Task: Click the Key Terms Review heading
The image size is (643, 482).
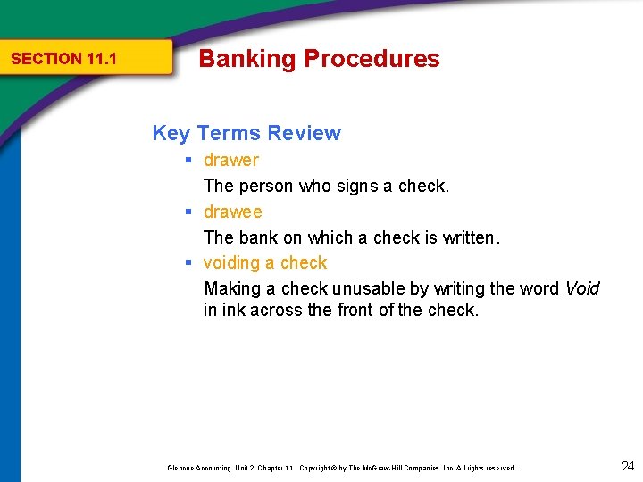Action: tap(246, 133)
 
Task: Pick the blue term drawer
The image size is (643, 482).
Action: tap(230, 161)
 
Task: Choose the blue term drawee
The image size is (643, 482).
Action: tap(232, 212)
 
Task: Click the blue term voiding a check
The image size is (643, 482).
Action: tap(265, 263)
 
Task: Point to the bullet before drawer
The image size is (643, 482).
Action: tap(189, 161)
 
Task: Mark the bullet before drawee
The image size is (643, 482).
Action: tap(189, 212)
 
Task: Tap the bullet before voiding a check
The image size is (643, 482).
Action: tap(189, 263)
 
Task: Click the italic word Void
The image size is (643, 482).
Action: tap(582, 289)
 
